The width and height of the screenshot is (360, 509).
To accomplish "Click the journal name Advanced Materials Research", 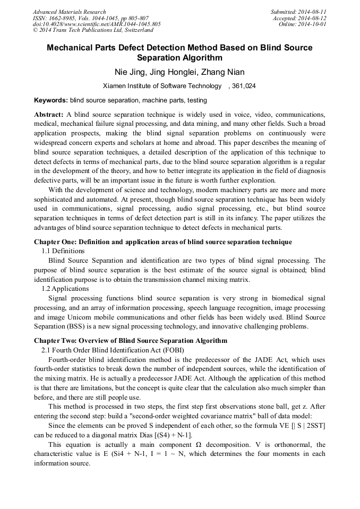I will coord(69,12).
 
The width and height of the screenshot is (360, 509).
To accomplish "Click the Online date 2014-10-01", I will coord(313,24).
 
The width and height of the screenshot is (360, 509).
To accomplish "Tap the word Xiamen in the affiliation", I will coord(115,86).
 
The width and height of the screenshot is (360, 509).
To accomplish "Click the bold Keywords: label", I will coord(51,100).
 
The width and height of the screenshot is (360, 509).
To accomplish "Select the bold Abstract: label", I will coord(49,115).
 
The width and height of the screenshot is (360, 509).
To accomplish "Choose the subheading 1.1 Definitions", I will coord(63,251).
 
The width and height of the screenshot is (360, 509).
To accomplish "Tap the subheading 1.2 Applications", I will coord(65,289).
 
